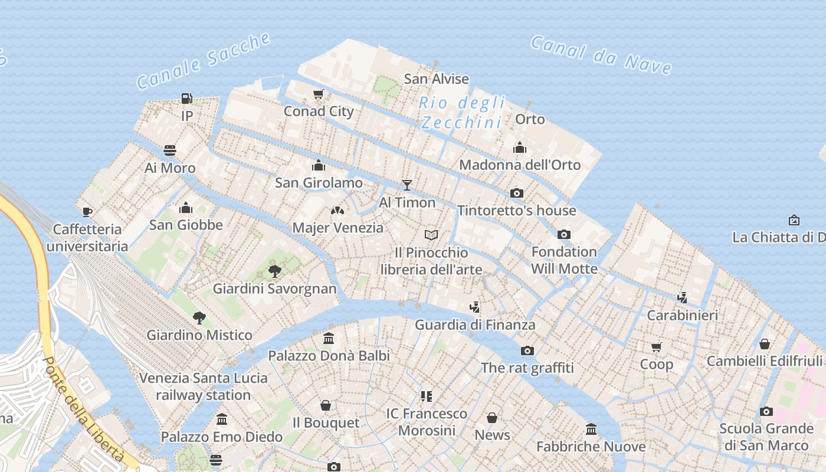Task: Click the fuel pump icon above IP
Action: pos(186,99)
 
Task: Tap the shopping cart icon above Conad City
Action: pos(319,94)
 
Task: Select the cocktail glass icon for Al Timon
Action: pos(407,185)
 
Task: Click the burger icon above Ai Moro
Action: pos(170,150)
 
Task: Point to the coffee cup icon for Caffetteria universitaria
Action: pos(87,212)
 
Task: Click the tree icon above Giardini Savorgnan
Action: pos(274,271)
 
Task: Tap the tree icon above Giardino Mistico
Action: pos(199,318)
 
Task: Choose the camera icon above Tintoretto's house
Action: pos(516,193)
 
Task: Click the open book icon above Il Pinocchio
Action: pos(431,235)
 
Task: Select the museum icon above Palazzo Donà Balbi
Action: pos(329,339)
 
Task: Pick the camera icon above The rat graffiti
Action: pos(527,350)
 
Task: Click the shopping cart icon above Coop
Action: pos(657,347)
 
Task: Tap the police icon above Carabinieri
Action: pos(683,298)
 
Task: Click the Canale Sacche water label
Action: pos(204,60)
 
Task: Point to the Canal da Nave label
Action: pos(601,55)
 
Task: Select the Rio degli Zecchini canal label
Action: pos(462,113)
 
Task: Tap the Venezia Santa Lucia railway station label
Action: pos(204,386)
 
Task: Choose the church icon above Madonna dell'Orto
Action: pos(520,147)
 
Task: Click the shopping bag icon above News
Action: pos(492,418)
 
